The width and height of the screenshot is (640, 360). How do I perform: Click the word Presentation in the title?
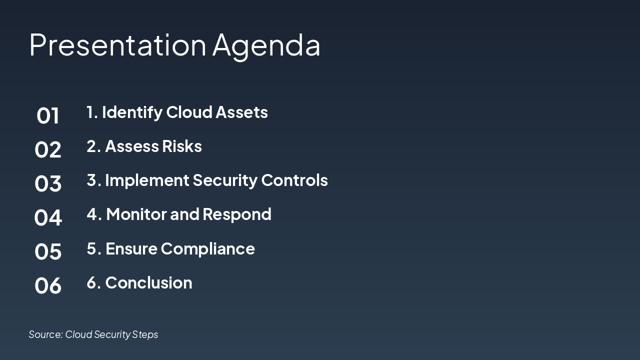click(117, 45)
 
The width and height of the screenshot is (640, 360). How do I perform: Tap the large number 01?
click(48, 115)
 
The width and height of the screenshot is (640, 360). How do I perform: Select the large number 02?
click(48, 149)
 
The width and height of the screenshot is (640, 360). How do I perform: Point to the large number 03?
click(48, 183)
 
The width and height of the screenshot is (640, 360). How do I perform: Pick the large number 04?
click(48, 217)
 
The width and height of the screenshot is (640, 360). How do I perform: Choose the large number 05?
click(48, 251)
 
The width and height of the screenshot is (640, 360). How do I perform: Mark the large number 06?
click(48, 285)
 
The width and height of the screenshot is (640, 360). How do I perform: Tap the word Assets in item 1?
click(241, 112)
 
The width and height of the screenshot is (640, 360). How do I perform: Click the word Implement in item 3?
click(147, 180)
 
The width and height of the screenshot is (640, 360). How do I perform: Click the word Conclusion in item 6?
click(148, 283)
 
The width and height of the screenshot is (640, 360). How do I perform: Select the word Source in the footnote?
click(45, 334)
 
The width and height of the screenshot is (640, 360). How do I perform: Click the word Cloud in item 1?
click(188, 112)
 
